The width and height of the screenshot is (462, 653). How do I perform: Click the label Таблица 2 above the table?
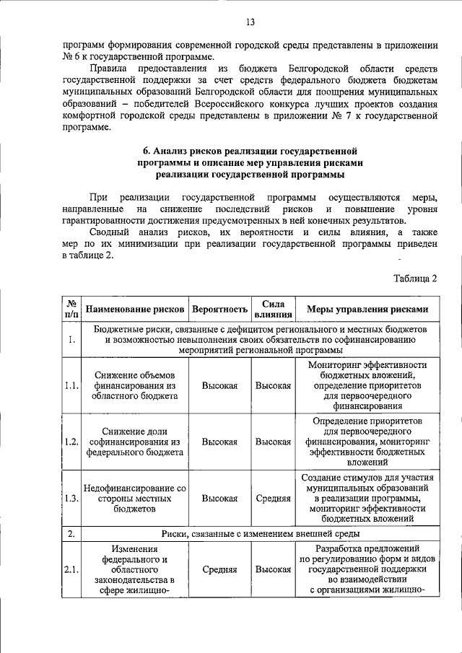tap(415, 278)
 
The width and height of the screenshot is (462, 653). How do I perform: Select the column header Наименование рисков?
tap(135, 310)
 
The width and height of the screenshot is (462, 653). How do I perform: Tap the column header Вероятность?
tap(219, 310)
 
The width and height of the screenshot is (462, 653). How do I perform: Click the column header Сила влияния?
tap(273, 310)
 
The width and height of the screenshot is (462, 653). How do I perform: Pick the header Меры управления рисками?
tap(367, 310)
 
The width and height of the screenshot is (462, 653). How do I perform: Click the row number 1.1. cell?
tap(71, 385)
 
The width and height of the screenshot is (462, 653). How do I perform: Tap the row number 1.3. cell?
tap(71, 498)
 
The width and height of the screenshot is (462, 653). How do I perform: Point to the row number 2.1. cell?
tap(71, 569)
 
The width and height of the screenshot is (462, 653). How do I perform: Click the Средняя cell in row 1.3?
tap(273, 498)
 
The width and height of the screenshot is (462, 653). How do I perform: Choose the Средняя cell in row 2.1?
tap(219, 569)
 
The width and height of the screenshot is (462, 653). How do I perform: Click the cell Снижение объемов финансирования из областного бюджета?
tap(135, 385)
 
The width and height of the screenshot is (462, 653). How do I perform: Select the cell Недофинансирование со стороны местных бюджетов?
tap(135, 498)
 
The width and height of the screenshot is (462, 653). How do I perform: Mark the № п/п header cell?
tap(71, 310)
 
